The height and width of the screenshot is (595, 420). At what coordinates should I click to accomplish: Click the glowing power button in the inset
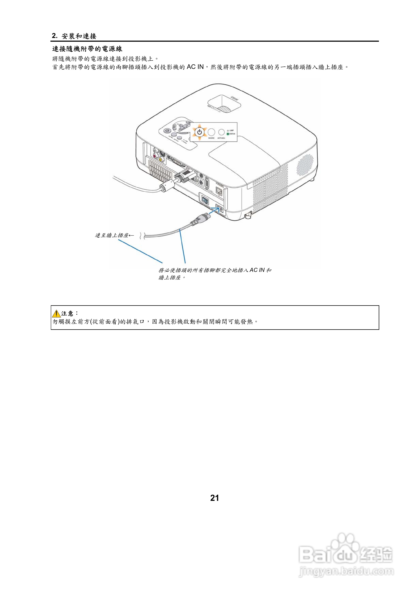point(199,132)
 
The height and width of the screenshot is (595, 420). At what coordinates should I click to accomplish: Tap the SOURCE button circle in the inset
point(211,132)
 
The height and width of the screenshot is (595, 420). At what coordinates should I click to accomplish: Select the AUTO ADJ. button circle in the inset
point(221,132)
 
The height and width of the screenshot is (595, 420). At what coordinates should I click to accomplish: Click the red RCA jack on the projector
point(155,156)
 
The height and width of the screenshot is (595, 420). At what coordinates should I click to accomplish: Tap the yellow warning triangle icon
point(56,314)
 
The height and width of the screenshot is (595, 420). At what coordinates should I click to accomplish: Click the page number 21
point(214,498)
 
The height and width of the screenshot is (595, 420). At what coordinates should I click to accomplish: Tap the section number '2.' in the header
point(55,36)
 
